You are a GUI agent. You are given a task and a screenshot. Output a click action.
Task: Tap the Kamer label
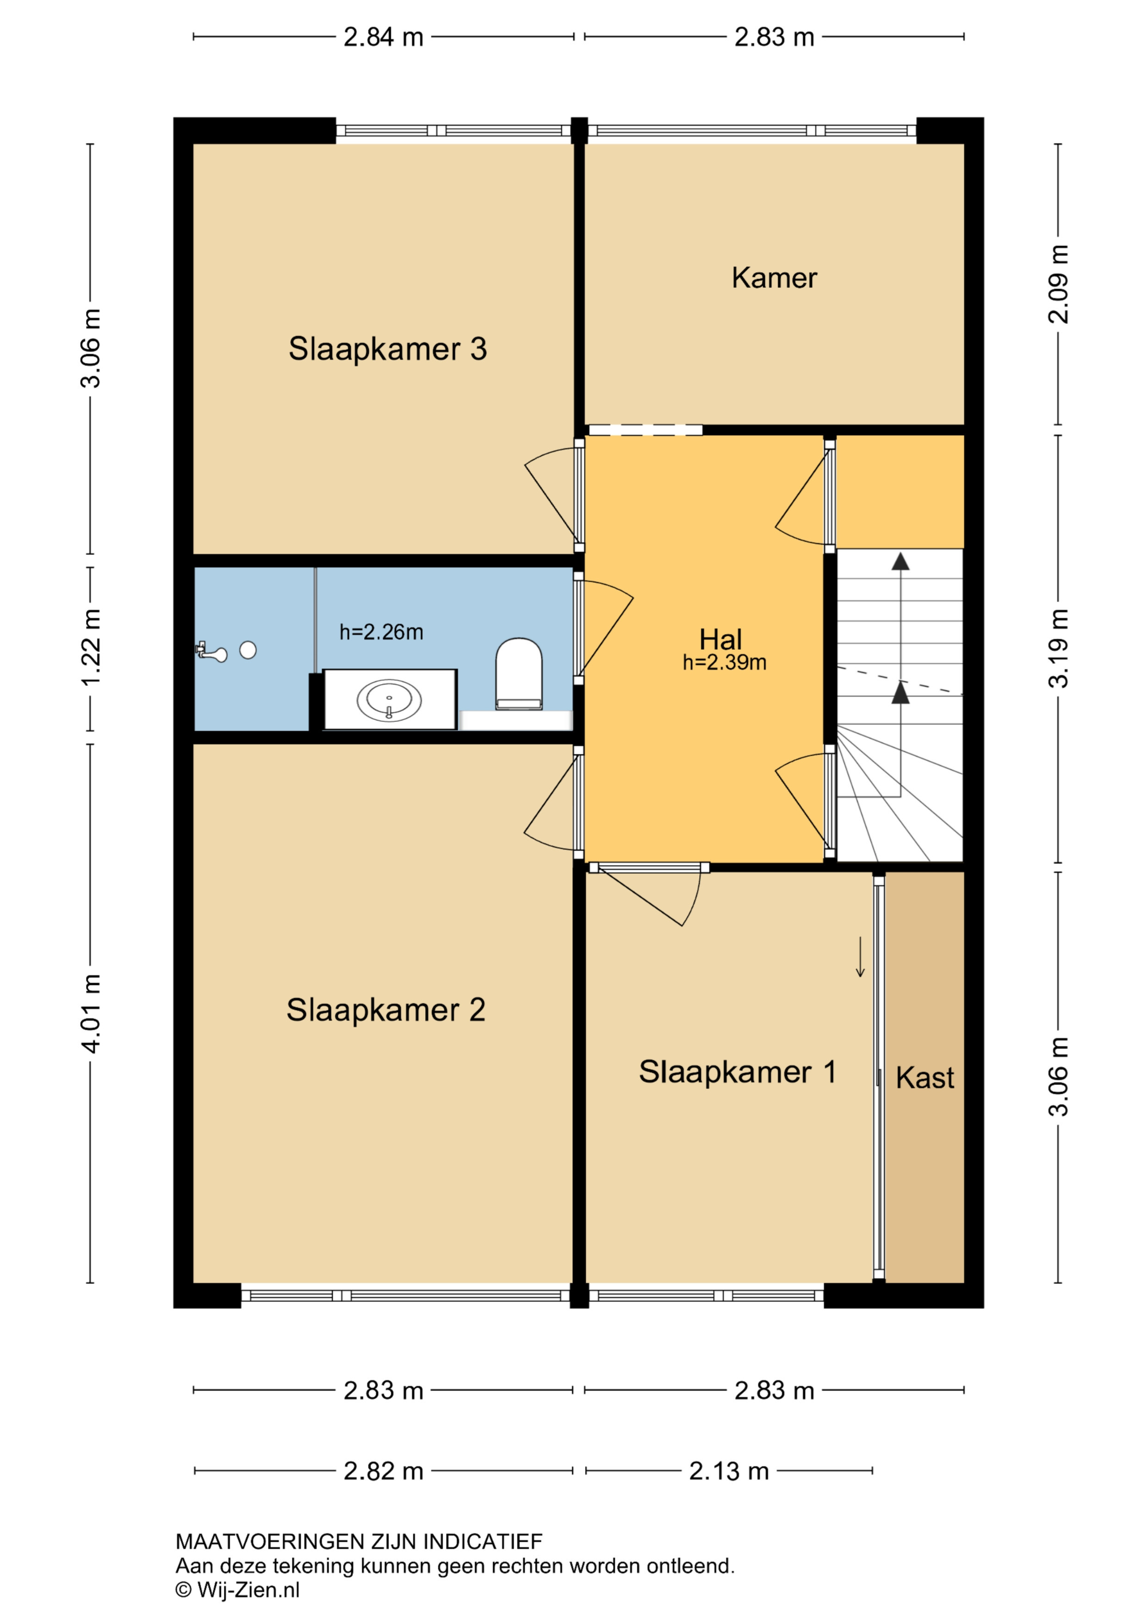[x=774, y=278]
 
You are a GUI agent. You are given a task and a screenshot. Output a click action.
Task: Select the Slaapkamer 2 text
[x=386, y=1010]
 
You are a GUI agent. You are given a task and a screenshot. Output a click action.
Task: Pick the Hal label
[x=720, y=640]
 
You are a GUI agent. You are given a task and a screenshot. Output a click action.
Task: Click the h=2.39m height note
[x=725, y=662]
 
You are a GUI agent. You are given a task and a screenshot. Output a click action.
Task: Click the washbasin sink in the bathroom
[x=390, y=700]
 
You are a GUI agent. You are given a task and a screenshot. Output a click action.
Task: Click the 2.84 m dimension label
[x=383, y=37]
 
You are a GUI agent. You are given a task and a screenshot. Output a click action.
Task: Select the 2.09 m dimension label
[x=1058, y=284]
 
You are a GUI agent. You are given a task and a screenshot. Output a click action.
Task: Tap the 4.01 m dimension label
[x=91, y=1013]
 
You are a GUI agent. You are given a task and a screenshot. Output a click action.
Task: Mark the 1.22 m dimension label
[x=91, y=647]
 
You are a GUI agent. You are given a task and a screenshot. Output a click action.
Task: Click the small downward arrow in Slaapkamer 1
[x=860, y=957]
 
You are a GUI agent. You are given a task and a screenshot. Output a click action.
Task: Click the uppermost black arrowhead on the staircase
[x=900, y=561]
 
